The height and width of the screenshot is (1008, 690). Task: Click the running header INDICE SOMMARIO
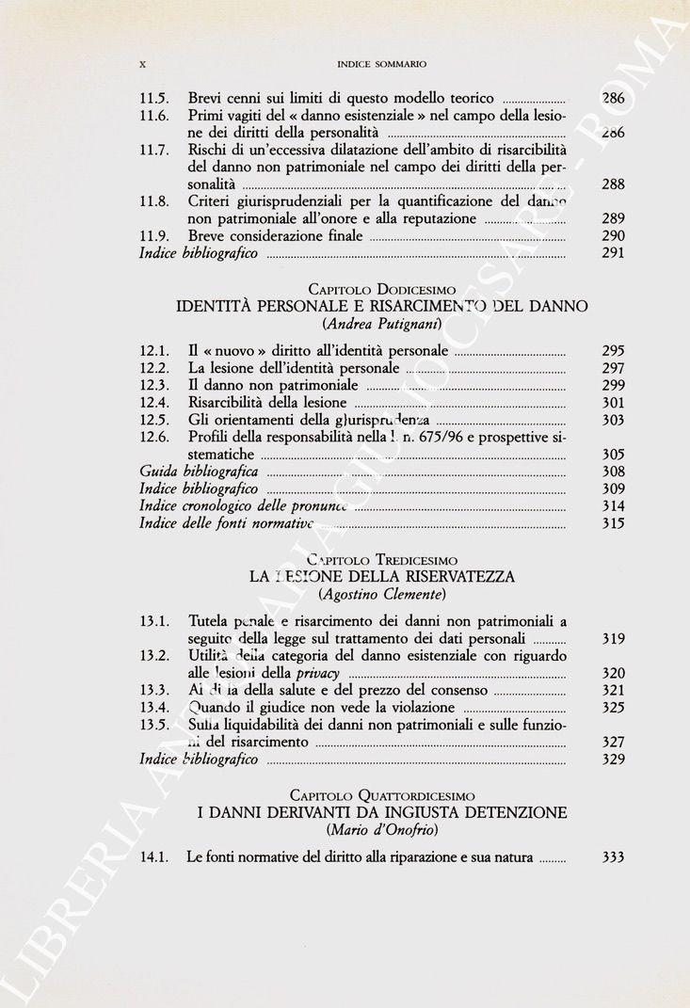coord(381,64)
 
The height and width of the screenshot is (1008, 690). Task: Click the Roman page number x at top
coord(143,64)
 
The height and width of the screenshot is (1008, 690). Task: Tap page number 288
coord(613,184)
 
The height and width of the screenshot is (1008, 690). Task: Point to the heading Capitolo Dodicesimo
coord(381,290)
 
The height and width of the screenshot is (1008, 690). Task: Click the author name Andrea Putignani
coord(381,325)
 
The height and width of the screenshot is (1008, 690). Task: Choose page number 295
coord(613,352)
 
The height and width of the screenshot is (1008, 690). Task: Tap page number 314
coord(613,506)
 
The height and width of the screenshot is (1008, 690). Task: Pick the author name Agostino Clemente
coord(381,595)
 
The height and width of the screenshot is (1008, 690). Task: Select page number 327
coord(613,743)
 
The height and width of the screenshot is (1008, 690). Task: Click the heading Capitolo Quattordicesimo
coord(381,795)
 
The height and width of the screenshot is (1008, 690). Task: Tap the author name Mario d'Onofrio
coord(381,830)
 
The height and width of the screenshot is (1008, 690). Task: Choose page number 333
coord(613,857)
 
